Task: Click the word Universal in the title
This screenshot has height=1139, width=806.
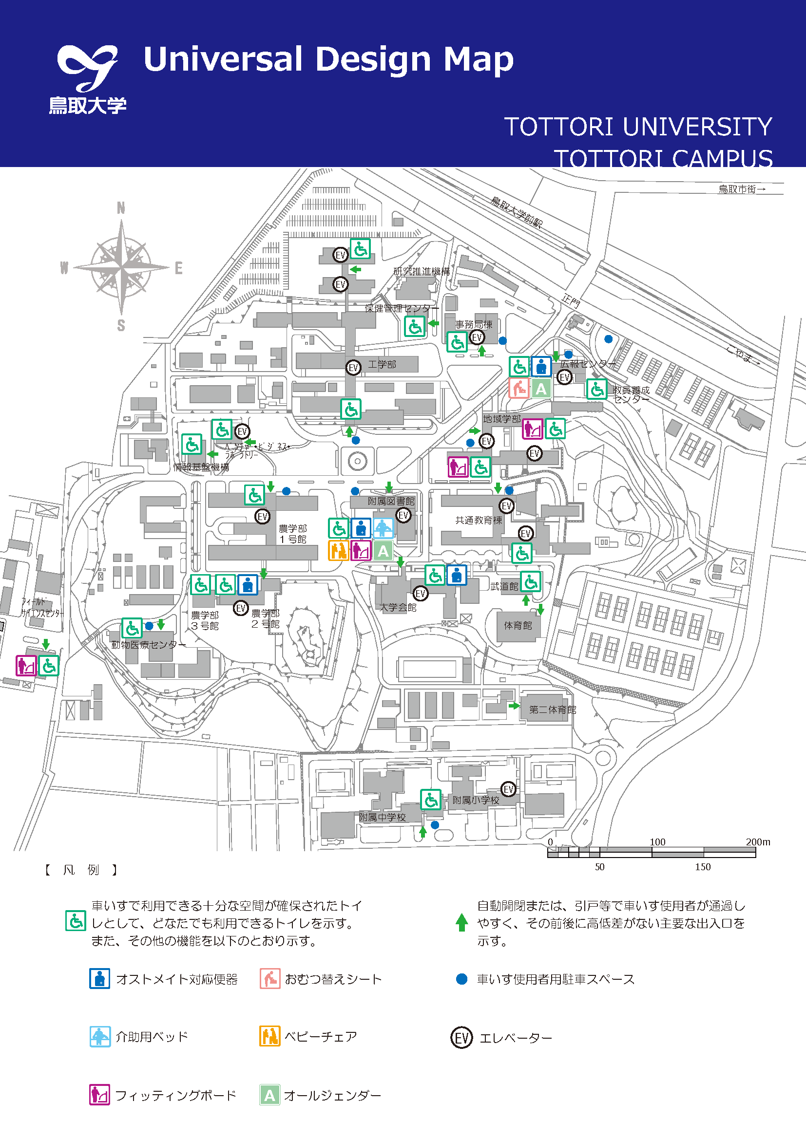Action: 223,59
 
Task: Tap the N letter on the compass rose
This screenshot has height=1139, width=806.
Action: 120,208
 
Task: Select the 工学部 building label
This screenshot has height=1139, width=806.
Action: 382,365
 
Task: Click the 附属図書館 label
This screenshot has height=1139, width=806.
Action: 391,502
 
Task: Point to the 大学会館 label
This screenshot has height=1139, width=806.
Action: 398,607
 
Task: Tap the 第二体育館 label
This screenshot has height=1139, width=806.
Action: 553,710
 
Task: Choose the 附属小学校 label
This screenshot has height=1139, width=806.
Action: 476,800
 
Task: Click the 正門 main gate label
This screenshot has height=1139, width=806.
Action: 571,300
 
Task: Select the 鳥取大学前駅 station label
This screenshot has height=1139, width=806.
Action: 517,211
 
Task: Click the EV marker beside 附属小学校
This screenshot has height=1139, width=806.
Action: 508,789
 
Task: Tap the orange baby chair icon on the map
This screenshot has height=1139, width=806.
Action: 339,551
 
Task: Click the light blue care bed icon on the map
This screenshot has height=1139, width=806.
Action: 383,528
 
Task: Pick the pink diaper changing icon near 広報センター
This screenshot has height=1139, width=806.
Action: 518,388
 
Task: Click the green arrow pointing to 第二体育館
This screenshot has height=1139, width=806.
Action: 514,706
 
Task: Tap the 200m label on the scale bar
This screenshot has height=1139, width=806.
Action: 757,842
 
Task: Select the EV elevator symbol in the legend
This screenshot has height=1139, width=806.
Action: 461,1038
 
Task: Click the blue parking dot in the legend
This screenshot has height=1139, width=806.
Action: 461,979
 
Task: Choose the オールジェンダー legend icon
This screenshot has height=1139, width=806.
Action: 269,1095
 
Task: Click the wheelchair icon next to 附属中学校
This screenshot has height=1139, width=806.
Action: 430,799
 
